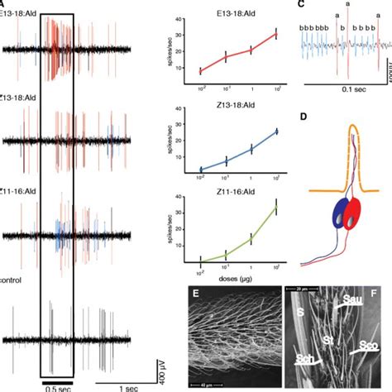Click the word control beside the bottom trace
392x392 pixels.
12,280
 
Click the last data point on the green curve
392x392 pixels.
275,206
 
